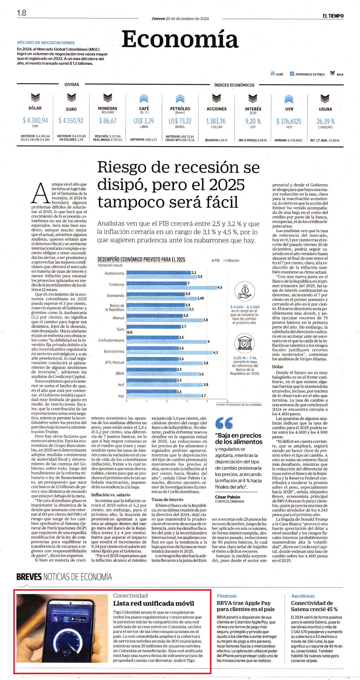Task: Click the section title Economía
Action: point(180,39)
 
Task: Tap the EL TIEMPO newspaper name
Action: point(333,16)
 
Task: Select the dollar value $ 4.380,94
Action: point(35,120)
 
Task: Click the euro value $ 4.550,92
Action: point(71,120)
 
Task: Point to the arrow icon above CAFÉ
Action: point(144,99)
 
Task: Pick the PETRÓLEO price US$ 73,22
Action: point(180,121)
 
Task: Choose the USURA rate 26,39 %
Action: point(326,121)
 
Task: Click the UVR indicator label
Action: point(289,109)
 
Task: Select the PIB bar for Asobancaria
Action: point(159,273)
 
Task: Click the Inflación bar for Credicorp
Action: point(171,287)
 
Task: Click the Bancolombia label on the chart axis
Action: point(114,351)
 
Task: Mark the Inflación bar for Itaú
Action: point(163,396)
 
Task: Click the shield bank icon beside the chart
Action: point(244,343)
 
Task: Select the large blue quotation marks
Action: point(224,423)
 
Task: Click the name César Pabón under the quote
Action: point(227,497)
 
